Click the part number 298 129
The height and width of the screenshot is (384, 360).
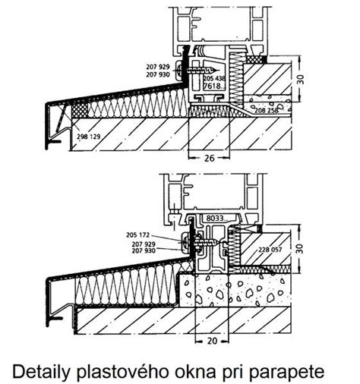click(x=89, y=137)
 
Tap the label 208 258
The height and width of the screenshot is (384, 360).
click(x=267, y=110)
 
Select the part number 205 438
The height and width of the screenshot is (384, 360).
click(x=214, y=78)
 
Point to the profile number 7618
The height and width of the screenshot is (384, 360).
click(x=212, y=86)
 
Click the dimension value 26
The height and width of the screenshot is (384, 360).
click(x=209, y=159)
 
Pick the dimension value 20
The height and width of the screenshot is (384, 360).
click(x=212, y=341)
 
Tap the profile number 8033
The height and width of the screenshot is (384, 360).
click(x=214, y=218)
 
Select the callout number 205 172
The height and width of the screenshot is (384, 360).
click(x=138, y=235)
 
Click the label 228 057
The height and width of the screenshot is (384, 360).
click(x=270, y=250)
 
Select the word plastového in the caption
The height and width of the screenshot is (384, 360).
click(x=123, y=372)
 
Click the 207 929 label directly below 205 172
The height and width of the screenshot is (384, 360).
click(x=144, y=244)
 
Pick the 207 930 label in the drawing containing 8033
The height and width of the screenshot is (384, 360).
click(x=144, y=250)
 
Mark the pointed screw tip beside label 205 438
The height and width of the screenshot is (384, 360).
click(x=218, y=71)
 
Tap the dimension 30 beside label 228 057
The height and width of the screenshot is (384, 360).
click(x=300, y=248)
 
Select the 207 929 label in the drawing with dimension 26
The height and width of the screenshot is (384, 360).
click(x=158, y=67)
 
